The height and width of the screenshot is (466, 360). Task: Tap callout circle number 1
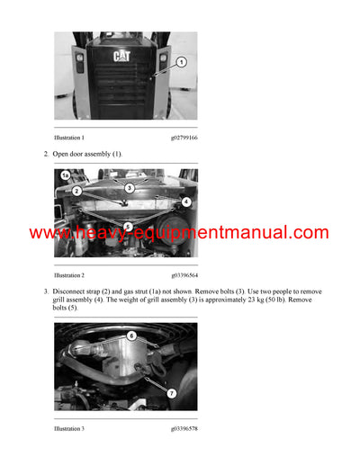(x=180, y=62)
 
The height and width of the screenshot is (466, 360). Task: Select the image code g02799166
(x=183, y=138)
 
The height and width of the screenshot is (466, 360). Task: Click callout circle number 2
(x=76, y=191)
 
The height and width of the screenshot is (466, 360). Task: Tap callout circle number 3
(x=129, y=187)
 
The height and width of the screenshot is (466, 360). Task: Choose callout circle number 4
(x=185, y=202)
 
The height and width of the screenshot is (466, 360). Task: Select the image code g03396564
(x=183, y=274)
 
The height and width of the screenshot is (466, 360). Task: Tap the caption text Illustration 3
(x=69, y=428)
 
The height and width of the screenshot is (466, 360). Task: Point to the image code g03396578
(x=183, y=428)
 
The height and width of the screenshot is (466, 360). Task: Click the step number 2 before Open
(x=46, y=155)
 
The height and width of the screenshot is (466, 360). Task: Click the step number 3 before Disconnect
(x=46, y=291)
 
